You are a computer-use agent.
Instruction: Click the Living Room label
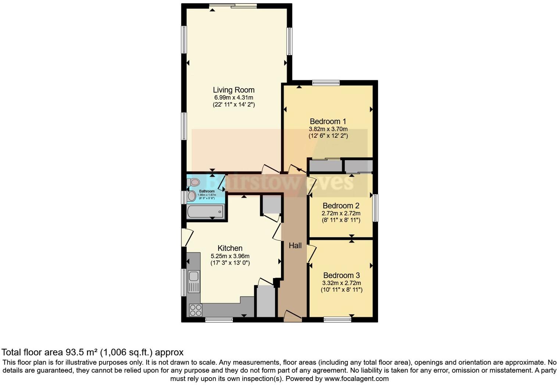pos(234,90)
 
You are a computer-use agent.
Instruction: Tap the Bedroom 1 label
pos(328,122)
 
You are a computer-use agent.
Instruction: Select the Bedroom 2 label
pos(341,206)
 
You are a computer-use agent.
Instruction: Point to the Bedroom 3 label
pos(341,276)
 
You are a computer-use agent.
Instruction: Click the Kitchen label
pos(230,248)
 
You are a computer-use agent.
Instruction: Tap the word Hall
pos(295,246)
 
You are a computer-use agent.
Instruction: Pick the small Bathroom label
pos(207,191)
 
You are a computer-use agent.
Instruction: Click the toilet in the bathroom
pos(193,182)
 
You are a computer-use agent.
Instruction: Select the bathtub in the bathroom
pos(205,212)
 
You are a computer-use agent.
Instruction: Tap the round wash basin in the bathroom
pos(192,196)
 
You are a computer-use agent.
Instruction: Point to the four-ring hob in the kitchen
pos(195,310)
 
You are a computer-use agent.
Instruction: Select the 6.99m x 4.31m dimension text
pos(234,98)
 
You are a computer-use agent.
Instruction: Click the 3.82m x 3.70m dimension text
pos(328,129)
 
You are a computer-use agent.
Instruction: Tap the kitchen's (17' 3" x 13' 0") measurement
pos(230,263)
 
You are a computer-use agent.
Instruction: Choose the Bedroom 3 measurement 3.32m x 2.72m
pos(341,283)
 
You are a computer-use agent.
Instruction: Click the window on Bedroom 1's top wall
pos(326,83)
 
